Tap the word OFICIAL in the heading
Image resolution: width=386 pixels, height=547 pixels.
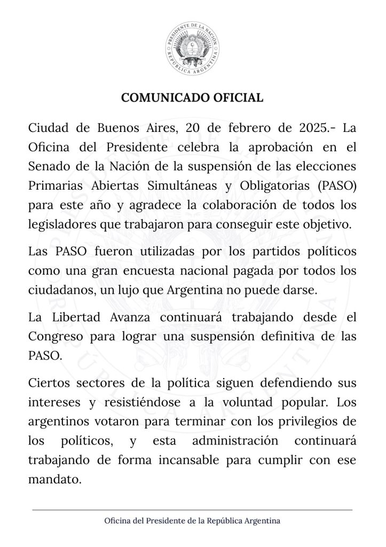(x=239, y=98)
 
